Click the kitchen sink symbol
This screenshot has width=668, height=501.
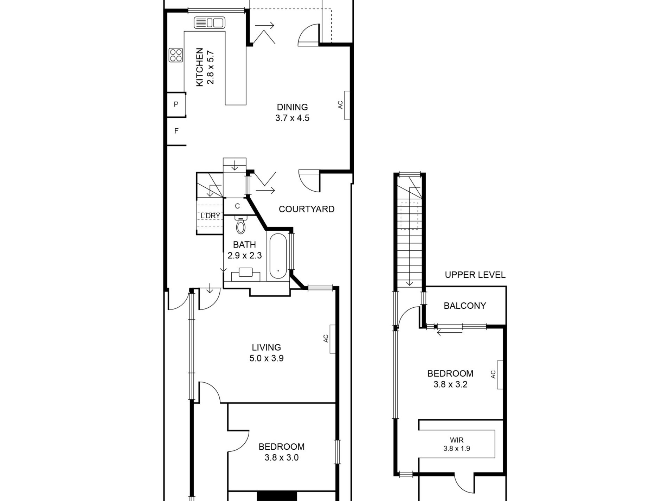210,23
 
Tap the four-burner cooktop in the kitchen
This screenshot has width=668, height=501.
176,55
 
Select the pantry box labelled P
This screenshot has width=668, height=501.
176,104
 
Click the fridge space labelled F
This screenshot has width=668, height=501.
176,131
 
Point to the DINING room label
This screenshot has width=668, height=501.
292,107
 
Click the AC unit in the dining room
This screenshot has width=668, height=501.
347,105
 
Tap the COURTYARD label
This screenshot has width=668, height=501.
307,209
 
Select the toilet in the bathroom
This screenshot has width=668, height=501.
241,225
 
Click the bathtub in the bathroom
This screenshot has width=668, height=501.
278,256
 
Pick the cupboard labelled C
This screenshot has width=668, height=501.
237,206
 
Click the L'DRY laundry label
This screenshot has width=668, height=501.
210,216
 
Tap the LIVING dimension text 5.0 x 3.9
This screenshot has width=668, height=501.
266,358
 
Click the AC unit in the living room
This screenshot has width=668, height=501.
332,339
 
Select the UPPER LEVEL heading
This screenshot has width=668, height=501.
475,275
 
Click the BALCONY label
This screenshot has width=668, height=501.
465,306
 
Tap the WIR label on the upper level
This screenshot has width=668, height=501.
457,440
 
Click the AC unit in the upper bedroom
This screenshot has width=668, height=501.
500,375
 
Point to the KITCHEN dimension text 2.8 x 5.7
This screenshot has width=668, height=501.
211,68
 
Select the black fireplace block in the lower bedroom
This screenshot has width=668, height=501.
277,496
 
